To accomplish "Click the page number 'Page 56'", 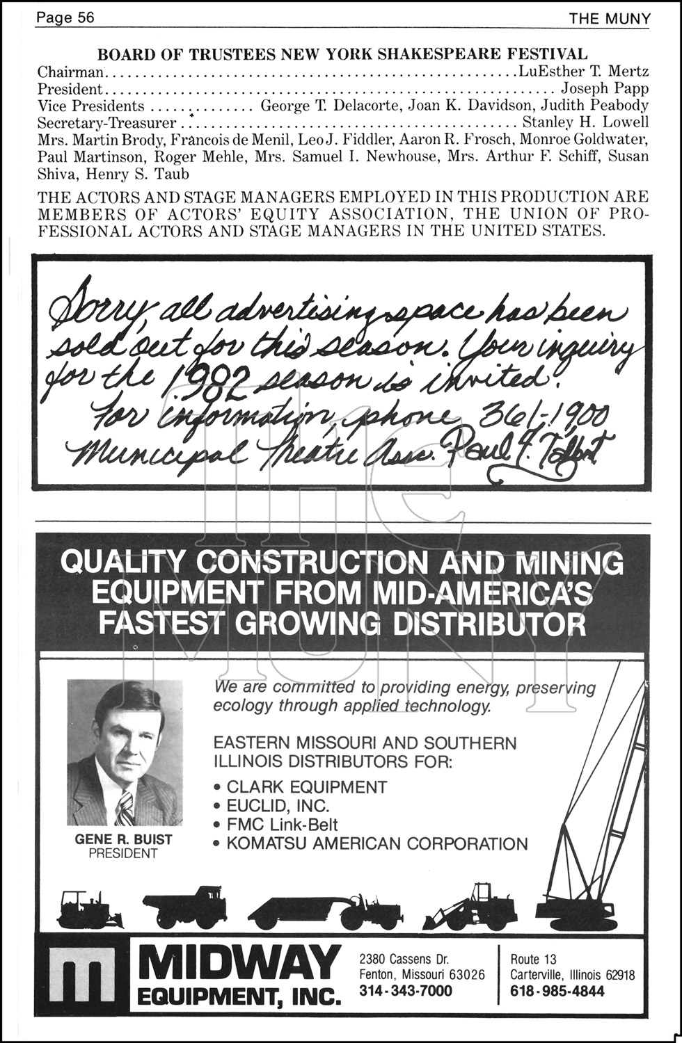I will coord(65,17).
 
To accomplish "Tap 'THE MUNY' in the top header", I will coord(609,18).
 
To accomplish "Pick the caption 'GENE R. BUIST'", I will coord(123,839).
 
